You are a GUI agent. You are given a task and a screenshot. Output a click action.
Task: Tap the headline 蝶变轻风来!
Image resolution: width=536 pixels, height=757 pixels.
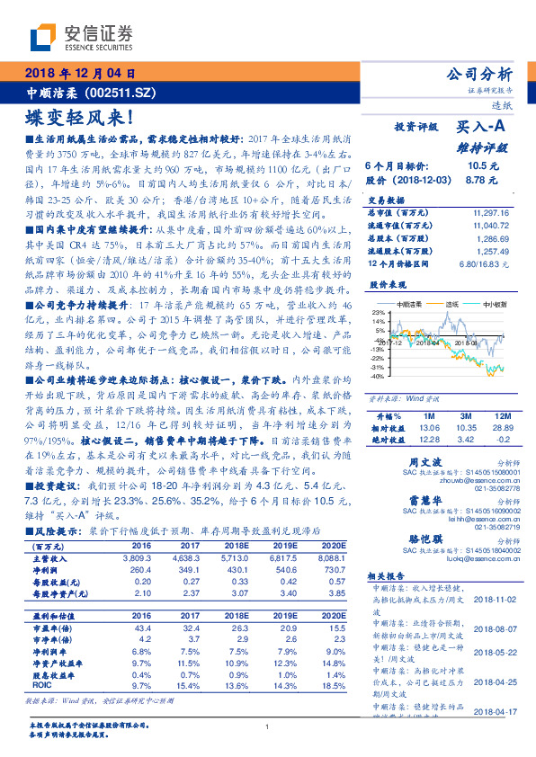tap(82, 118)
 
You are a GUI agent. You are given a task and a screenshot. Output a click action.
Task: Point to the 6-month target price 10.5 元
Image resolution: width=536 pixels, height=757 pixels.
tap(476, 165)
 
